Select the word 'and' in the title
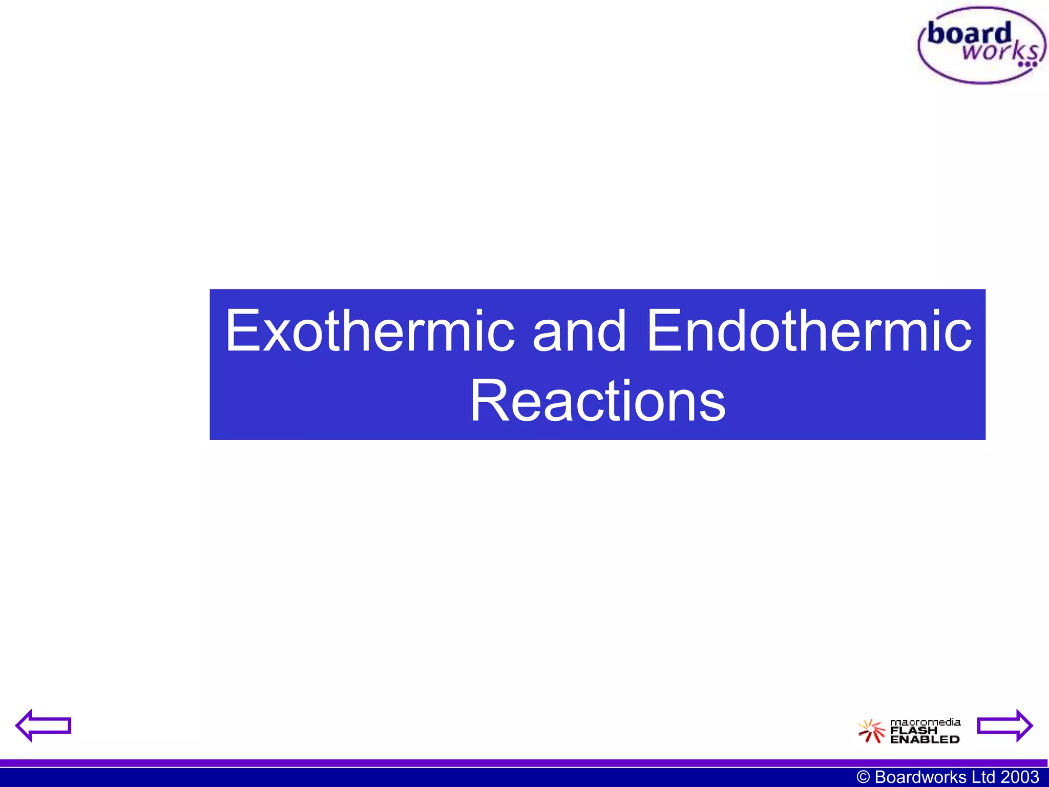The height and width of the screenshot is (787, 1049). click(579, 331)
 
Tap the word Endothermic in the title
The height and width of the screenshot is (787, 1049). click(809, 331)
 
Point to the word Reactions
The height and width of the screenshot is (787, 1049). click(597, 401)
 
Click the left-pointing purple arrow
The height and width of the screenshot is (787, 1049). click(43, 726)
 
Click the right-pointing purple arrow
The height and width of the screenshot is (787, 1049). click(1005, 726)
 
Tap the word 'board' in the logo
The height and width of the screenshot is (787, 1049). click(970, 34)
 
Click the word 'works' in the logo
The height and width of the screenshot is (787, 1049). click(999, 51)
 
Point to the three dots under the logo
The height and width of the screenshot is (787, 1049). click(1027, 65)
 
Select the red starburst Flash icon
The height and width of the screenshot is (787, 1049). click(871, 731)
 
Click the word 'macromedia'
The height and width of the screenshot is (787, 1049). click(925, 722)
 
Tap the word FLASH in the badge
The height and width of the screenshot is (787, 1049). click(914, 731)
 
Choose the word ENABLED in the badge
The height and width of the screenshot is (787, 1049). click(925, 739)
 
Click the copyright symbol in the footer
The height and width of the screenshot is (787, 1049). click(864, 777)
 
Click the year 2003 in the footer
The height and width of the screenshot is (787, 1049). click(1020, 777)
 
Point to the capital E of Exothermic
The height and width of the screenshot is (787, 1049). click(241, 331)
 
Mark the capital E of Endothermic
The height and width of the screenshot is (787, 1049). click(663, 331)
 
